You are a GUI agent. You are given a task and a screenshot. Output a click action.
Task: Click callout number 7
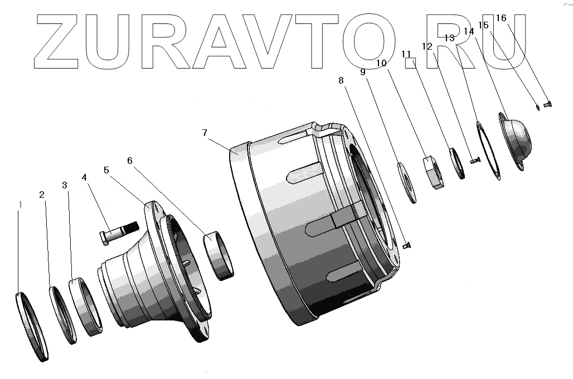[205, 133]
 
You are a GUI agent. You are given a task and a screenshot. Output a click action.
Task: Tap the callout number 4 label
[84, 177]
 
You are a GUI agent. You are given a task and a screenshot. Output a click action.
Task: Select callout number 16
[501, 17]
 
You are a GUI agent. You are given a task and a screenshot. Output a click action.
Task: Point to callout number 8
[341, 80]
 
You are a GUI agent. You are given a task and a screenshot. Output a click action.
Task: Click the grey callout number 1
[21, 205]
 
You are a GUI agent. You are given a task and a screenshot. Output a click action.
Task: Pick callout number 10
[381, 63]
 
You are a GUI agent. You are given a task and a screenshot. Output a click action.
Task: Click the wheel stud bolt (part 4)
[119, 233]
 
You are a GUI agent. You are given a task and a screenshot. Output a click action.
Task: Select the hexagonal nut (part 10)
[434, 172]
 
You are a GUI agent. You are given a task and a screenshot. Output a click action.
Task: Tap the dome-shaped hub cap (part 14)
[515, 140]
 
